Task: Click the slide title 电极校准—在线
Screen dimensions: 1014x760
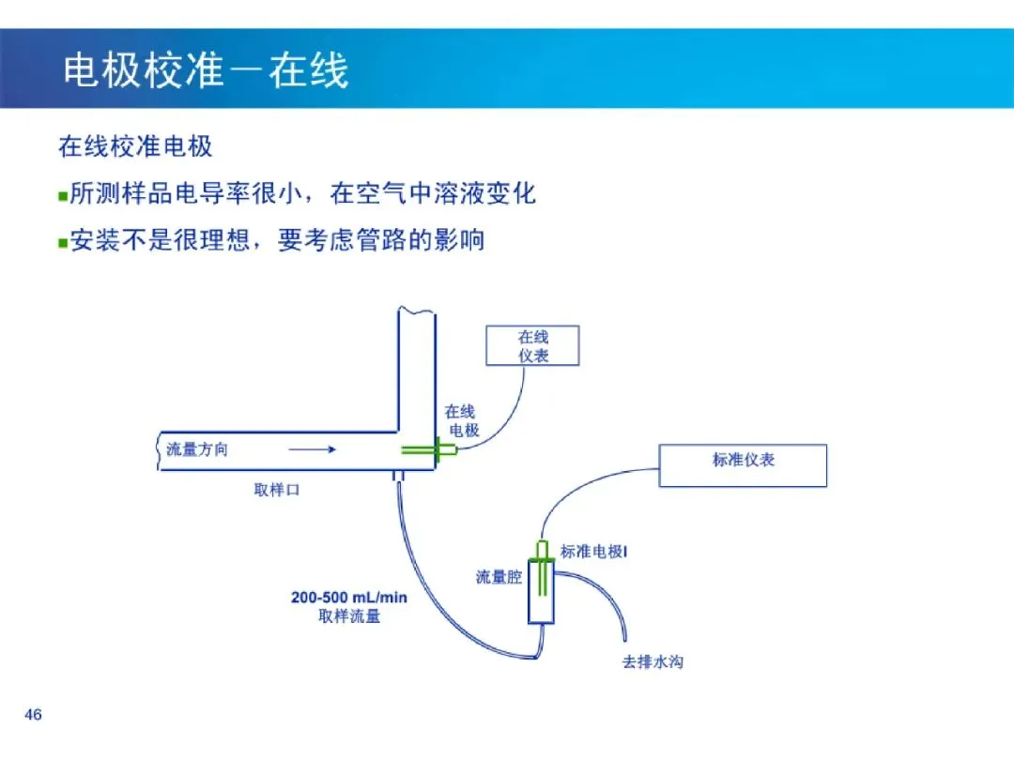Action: [x=206, y=69]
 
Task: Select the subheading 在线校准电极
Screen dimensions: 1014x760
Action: [x=135, y=146]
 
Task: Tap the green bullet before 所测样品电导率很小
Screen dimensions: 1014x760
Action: [x=63, y=196]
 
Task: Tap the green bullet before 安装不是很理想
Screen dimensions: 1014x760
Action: [x=63, y=243]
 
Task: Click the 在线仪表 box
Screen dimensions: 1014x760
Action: [x=532, y=345]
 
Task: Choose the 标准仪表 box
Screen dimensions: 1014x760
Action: [x=743, y=465]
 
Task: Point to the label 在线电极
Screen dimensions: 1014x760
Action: [x=462, y=420]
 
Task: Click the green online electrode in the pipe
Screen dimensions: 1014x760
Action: [x=429, y=449]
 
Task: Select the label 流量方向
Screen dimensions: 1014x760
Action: [x=196, y=449]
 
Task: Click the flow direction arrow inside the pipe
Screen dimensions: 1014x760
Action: [x=313, y=449]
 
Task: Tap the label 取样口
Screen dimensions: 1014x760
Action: [x=277, y=490]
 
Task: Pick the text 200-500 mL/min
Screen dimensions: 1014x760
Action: [x=349, y=597]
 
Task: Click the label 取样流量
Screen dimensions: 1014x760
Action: [x=349, y=616]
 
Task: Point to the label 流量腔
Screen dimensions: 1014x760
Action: [x=499, y=577]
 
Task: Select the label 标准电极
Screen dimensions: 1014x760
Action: [x=591, y=552]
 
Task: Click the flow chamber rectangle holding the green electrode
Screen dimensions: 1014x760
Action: [x=542, y=591]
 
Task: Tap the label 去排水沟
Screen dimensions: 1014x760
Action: [x=653, y=661]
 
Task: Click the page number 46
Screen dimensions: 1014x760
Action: [x=33, y=714]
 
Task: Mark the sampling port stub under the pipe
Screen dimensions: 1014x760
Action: [x=398, y=477]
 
